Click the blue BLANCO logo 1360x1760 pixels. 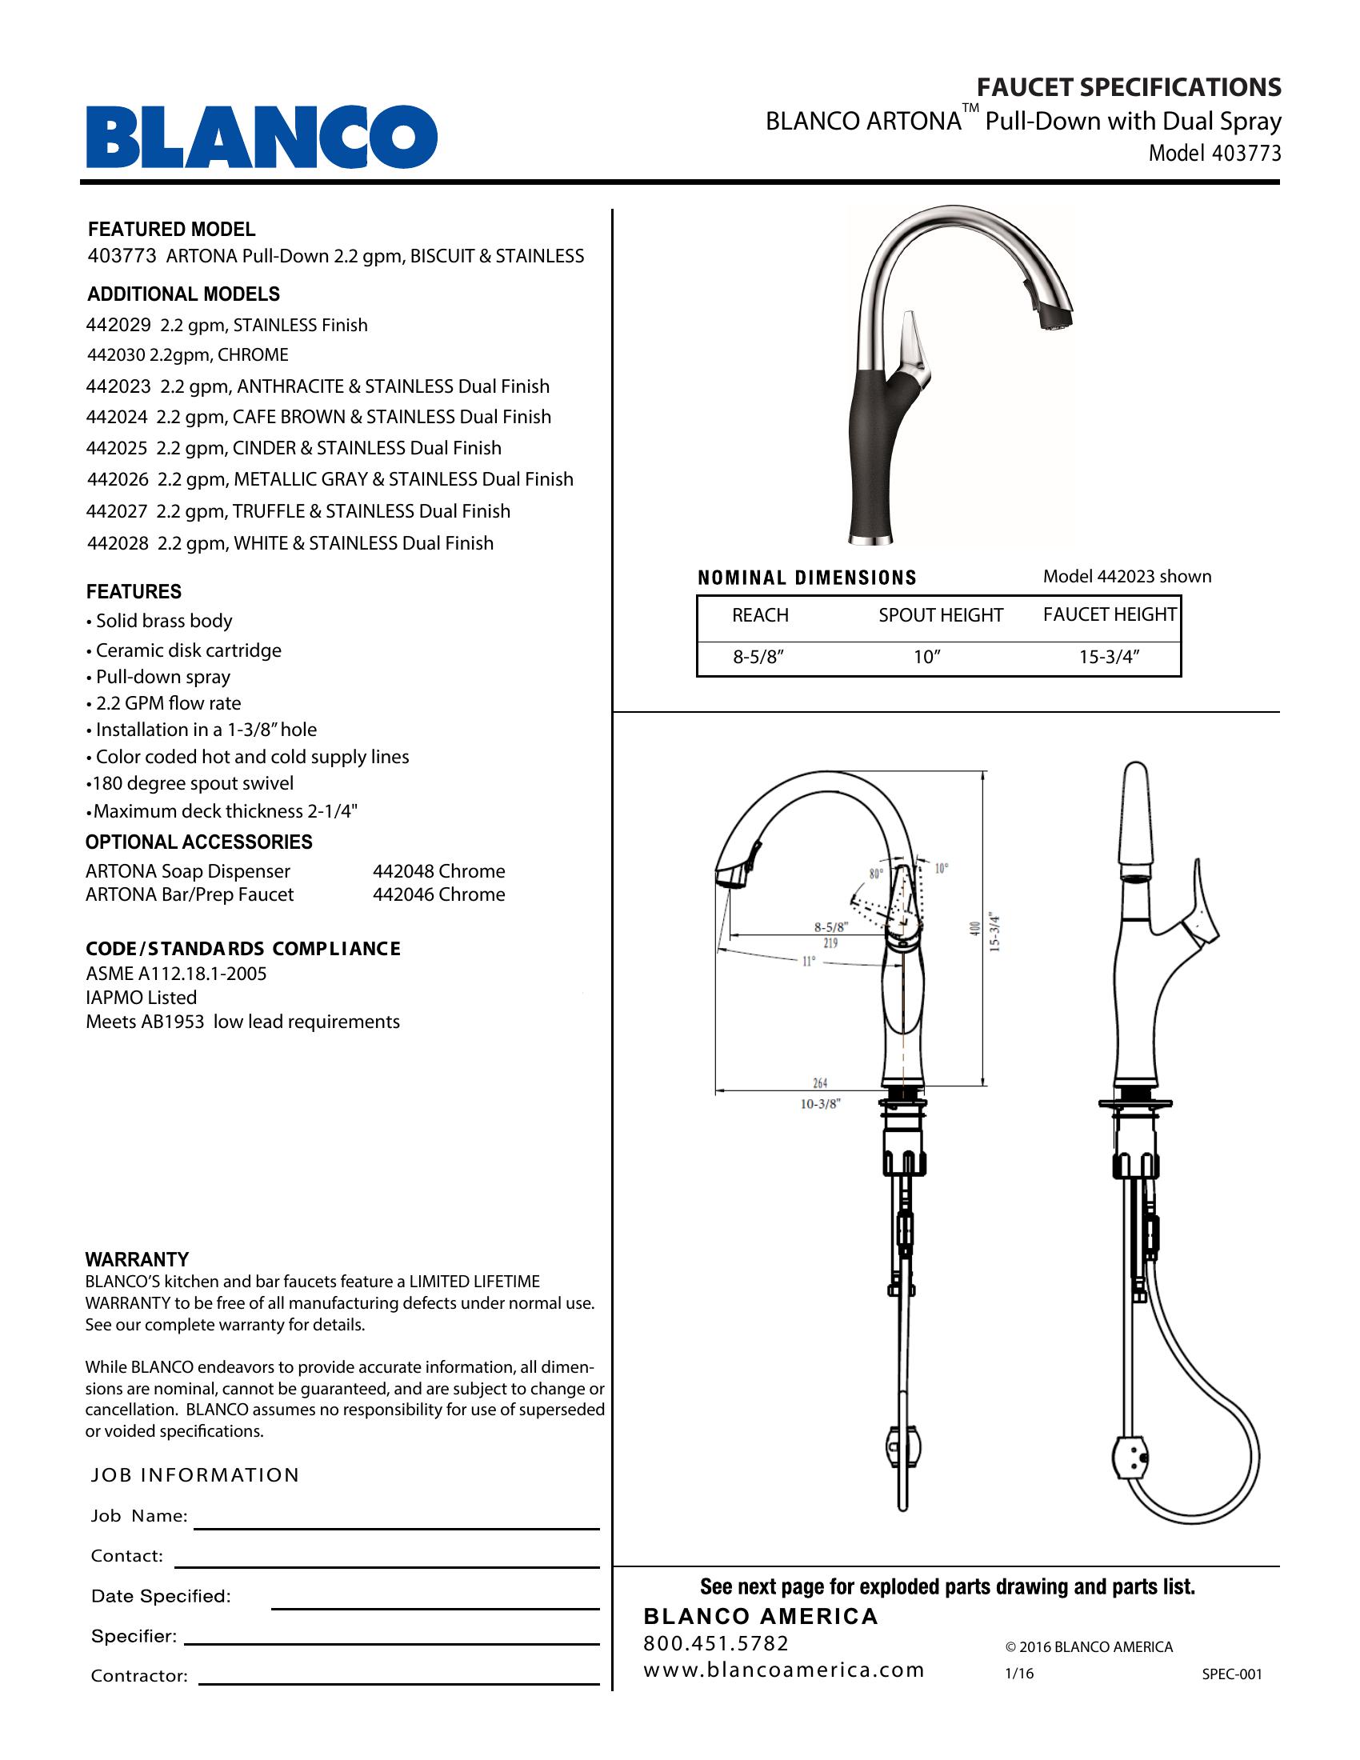(262, 137)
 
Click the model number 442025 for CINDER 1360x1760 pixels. (118, 448)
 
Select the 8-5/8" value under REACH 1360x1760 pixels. (758, 657)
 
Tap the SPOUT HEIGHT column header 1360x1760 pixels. (940, 615)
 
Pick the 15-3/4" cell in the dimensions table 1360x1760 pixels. (1110, 657)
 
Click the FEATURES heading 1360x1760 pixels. (134, 591)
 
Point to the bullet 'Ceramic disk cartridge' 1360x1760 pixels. (188, 650)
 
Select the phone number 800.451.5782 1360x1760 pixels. (716, 1642)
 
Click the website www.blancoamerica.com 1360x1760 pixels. (784, 1669)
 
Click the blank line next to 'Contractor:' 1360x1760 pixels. (399, 1682)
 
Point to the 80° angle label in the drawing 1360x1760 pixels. (876, 873)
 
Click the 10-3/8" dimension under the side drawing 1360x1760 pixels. (820, 1104)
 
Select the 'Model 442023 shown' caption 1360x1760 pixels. (1126, 576)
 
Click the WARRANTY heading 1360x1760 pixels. (137, 1258)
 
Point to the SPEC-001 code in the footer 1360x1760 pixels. (1232, 1674)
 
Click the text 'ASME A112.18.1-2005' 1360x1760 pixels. (176, 974)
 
